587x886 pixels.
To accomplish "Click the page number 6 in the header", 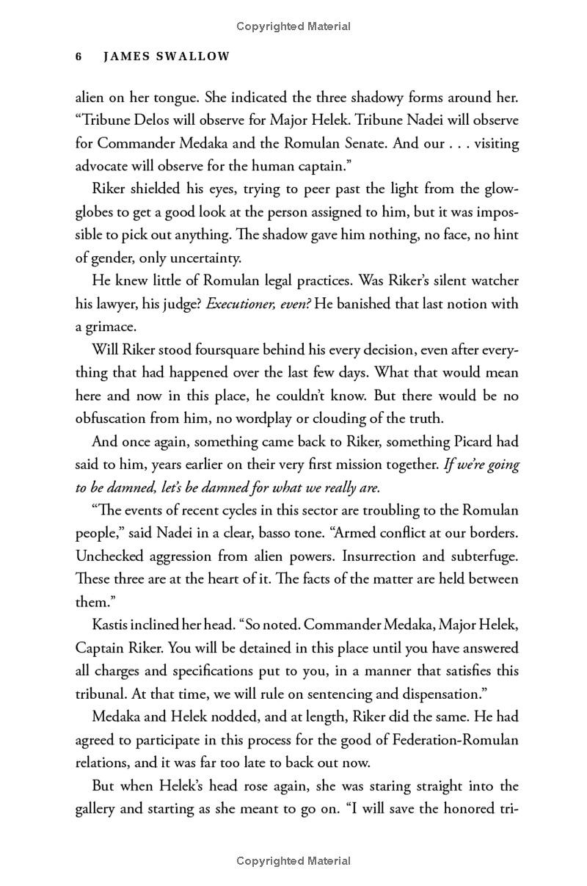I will click(x=79, y=57).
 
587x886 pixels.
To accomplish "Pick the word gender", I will click(x=117, y=258).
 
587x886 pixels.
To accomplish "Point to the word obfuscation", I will click(x=116, y=419).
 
